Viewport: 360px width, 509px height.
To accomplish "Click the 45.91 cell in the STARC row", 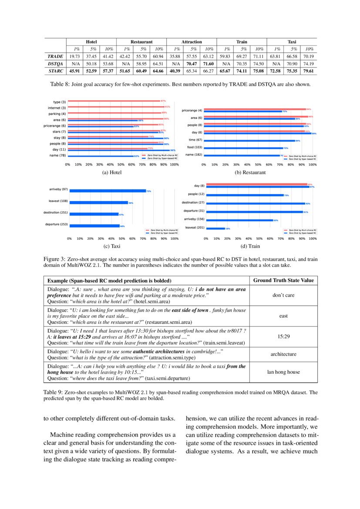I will (x=75, y=71).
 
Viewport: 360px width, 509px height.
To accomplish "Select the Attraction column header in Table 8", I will (x=191, y=42).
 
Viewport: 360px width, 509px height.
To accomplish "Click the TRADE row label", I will (x=55, y=56).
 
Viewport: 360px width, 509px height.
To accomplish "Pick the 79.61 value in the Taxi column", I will (x=309, y=71).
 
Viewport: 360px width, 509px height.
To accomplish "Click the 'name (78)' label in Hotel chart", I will (x=57, y=155).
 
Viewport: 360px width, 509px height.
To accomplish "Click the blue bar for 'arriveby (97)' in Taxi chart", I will (x=107, y=191).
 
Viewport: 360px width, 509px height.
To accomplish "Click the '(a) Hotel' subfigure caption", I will (x=112, y=172).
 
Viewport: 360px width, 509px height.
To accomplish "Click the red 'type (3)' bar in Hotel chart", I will (x=113, y=102).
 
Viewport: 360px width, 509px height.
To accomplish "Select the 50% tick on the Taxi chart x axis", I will (x=122, y=239).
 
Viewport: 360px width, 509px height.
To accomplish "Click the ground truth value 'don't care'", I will (x=283, y=295).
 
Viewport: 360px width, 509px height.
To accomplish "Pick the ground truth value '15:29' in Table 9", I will (x=283, y=337).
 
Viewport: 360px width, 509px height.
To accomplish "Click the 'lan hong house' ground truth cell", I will (x=283, y=372).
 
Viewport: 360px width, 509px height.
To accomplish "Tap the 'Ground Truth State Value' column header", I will (x=283, y=280).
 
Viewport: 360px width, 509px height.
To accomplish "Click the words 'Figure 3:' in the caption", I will (x=54, y=259).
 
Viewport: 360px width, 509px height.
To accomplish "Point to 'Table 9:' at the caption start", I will (x=53, y=392).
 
